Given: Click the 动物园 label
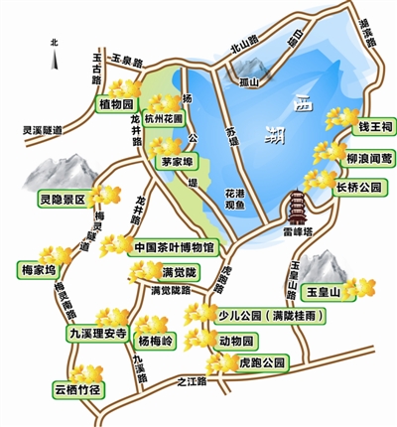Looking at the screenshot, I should [235, 341].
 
